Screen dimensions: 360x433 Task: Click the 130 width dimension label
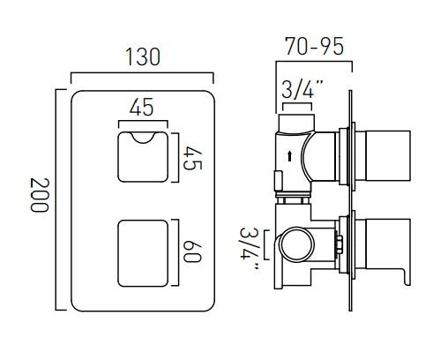[142, 57]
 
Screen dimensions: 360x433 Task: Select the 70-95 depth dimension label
[315, 46]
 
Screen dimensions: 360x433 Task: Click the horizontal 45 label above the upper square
[141, 108]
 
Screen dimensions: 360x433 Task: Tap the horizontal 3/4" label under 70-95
[300, 88]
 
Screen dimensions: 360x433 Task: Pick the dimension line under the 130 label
[142, 73]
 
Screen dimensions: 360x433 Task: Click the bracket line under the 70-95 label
[315, 62]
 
